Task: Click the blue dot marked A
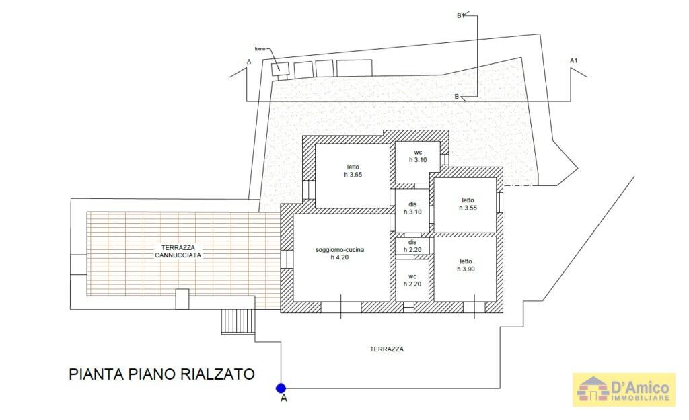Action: tap(281, 388)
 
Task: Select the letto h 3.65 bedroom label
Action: tap(353, 171)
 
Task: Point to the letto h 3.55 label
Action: tap(468, 204)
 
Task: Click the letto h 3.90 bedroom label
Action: tap(466, 265)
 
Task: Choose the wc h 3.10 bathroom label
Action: tap(418, 156)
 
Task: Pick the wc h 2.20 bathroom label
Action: tap(412, 280)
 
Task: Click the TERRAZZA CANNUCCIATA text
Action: tap(174, 251)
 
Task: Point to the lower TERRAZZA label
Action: tap(386, 349)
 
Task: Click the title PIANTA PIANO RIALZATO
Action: tap(161, 374)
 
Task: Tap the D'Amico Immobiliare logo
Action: tap(624, 390)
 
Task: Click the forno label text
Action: tap(260, 49)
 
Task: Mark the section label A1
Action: tap(573, 61)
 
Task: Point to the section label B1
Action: tap(461, 15)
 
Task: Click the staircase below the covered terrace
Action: tap(238, 321)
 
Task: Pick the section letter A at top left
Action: tap(249, 62)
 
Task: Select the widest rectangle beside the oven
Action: tap(355, 68)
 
